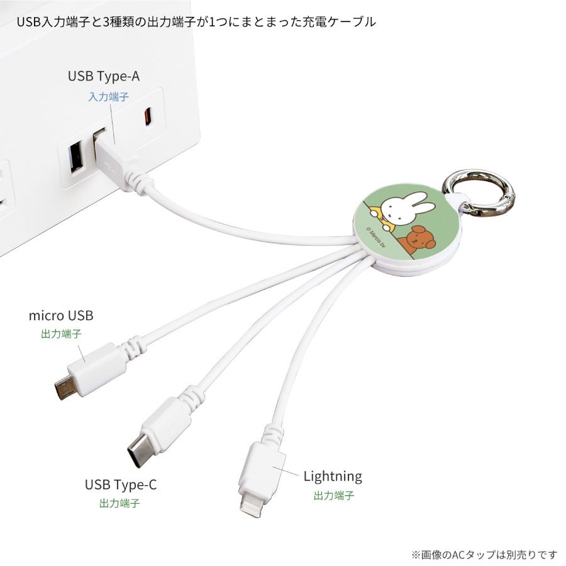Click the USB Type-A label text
[104, 76]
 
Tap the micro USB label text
[61, 315]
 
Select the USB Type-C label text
[121, 485]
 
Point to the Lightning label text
[333, 476]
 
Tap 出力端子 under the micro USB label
[61, 334]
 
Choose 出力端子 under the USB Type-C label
[119, 503]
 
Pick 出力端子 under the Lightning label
[334, 495]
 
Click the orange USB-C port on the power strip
[147, 116]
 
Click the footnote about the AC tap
[484, 554]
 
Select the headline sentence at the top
[196, 22]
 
